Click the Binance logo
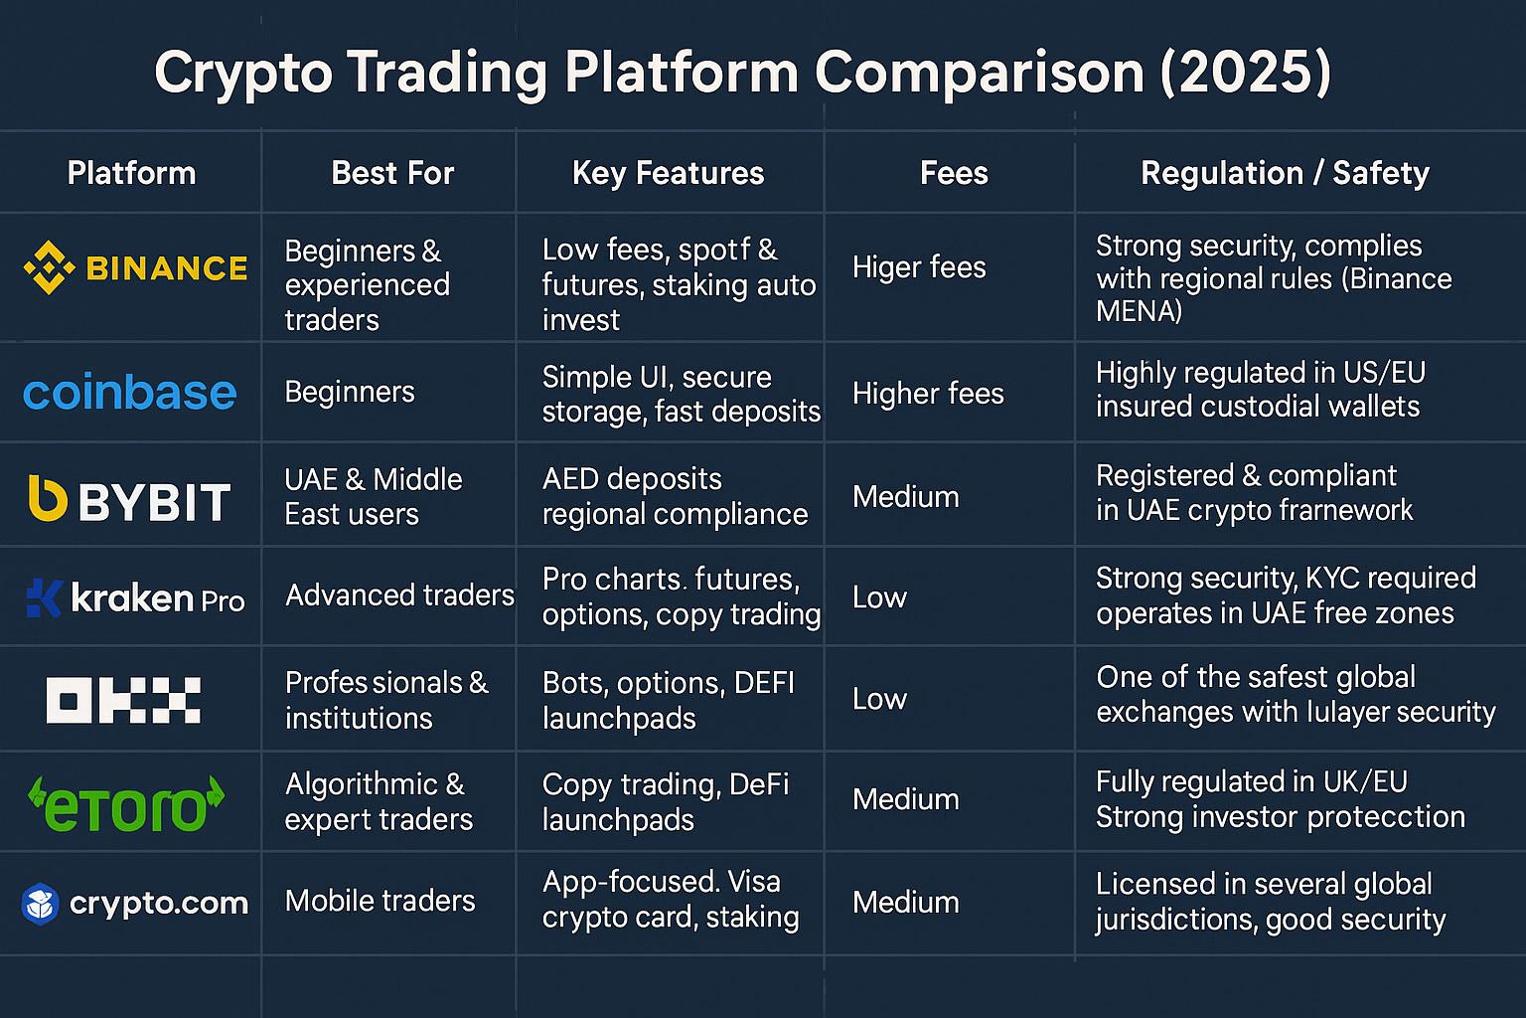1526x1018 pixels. pos(135,268)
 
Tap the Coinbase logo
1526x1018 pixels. pos(130,394)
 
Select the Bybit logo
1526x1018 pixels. pos(130,500)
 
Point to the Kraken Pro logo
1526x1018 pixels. pos(135,598)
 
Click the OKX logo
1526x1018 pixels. pos(123,700)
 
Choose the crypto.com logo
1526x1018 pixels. pos(135,904)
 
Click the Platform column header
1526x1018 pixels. pos(131,173)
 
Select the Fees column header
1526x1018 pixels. pos(954,173)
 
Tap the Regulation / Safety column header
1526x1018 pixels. pos(1285,173)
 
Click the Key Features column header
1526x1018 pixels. pos(668,173)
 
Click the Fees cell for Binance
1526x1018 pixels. pos(919,267)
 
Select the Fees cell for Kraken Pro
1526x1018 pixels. pos(879,597)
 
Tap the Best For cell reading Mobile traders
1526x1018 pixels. pos(380,901)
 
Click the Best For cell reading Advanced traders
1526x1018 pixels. pos(399,595)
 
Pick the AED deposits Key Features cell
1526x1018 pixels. pos(675,496)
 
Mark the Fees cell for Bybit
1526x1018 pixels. pos(905,497)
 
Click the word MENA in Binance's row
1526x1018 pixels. pos(1139,311)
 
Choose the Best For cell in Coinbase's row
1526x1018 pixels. pos(349,392)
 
